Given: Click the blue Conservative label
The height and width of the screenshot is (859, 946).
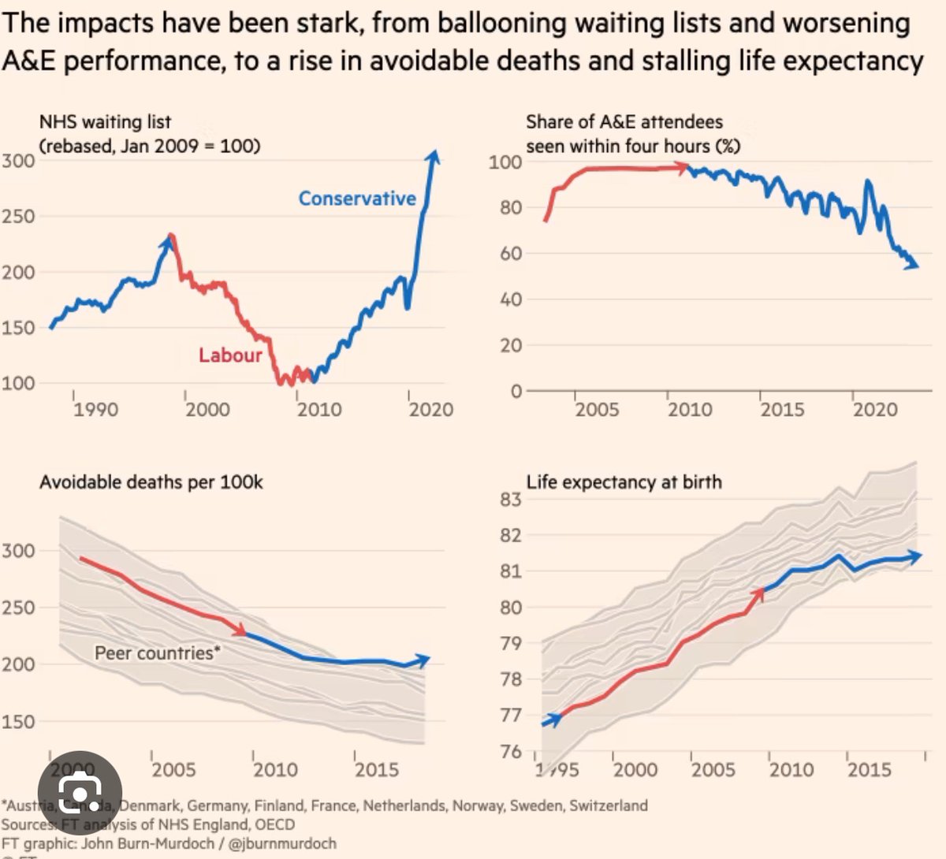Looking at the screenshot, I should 357,199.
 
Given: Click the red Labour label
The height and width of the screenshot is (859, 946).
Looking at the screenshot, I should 230,355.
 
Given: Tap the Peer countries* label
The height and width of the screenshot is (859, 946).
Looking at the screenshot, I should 158,653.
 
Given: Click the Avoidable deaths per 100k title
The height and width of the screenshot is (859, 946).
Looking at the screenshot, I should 151,482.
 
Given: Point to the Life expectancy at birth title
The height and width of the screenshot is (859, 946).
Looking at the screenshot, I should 624,482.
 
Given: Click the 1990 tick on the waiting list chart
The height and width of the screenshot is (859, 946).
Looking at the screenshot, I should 95,409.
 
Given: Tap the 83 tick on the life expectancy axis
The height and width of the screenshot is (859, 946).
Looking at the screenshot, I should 511,499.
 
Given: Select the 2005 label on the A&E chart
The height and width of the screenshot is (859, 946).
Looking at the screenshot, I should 597,410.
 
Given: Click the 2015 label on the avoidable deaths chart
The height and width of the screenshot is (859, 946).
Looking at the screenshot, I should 377,769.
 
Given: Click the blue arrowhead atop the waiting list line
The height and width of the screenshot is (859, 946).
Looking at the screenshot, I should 433,155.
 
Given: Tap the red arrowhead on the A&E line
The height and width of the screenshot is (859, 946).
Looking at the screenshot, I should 683,167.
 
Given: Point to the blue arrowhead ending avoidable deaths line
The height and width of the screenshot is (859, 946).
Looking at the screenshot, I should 424,660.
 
